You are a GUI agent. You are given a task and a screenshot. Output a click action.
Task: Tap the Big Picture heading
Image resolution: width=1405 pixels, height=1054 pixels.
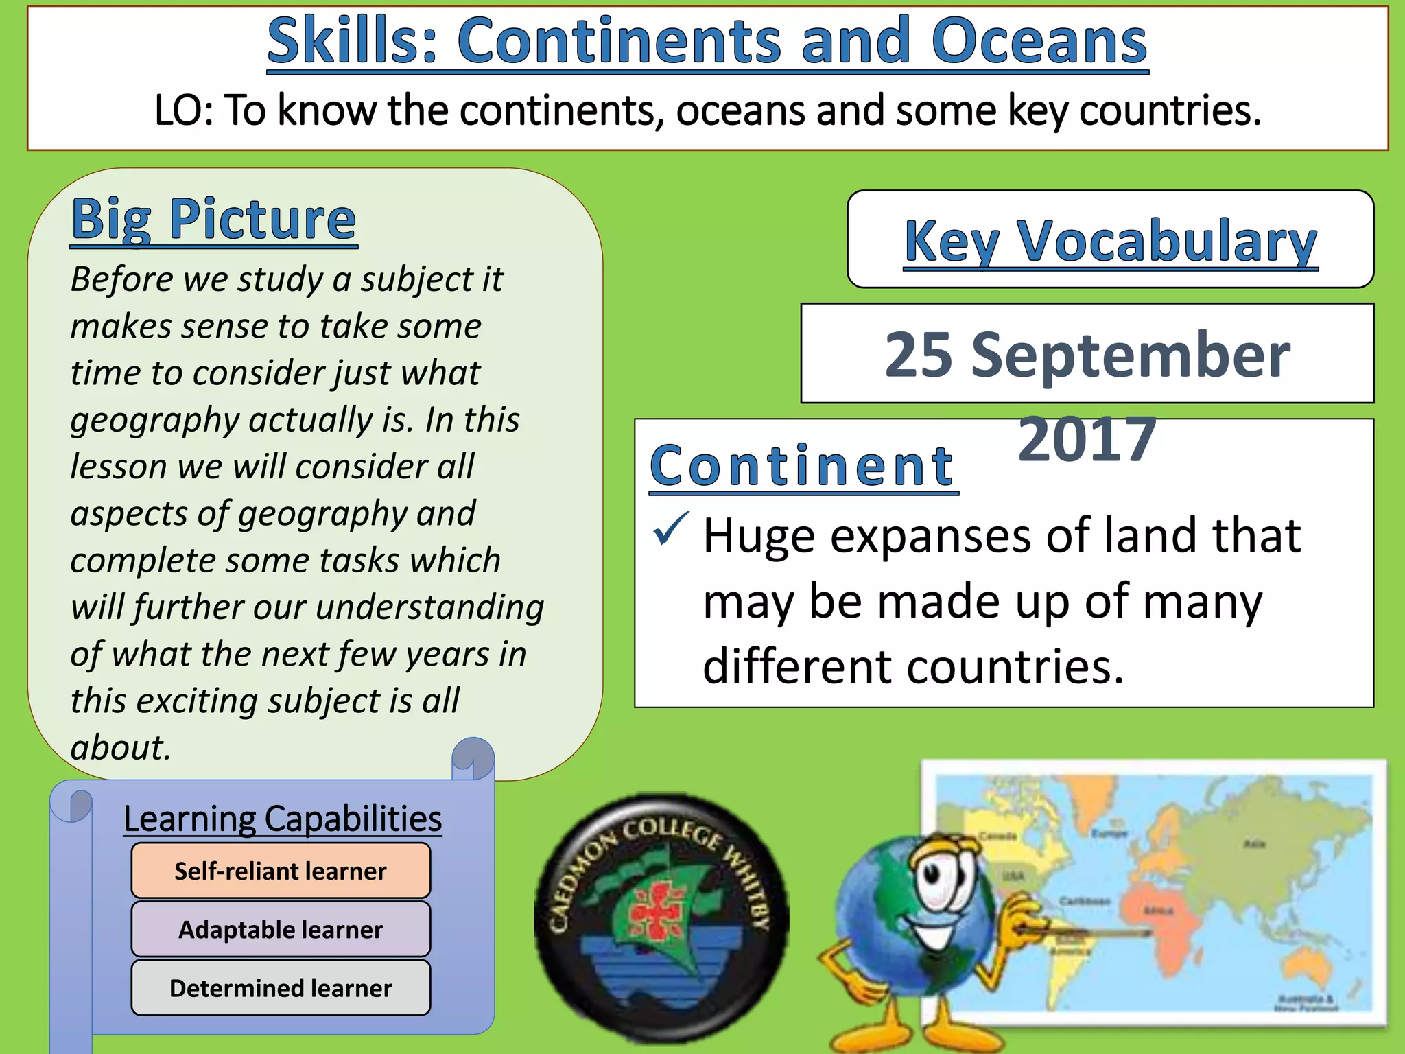click(213, 219)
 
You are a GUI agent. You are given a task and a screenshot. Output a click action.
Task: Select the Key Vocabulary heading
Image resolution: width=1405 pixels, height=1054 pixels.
click(1110, 241)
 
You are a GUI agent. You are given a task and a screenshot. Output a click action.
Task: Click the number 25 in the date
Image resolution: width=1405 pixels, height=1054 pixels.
click(918, 355)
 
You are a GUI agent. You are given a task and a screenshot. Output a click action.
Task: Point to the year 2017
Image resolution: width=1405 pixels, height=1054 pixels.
click(1087, 439)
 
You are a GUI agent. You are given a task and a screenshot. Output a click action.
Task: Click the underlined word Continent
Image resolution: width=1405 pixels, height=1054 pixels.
click(802, 466)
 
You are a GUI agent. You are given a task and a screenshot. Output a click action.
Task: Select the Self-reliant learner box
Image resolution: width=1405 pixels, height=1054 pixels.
click(281, 871)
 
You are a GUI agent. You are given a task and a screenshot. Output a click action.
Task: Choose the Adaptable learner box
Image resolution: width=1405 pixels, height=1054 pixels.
click(281, 929)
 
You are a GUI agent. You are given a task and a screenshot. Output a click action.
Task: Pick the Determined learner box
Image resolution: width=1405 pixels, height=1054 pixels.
click(281, 987)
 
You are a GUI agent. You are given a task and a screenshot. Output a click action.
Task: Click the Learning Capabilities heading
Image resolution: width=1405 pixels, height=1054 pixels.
click(282, 819)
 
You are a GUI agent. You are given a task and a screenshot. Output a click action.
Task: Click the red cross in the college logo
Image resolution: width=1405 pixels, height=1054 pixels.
click(657, 910)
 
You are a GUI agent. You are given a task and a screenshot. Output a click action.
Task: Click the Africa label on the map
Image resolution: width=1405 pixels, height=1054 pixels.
click(1159, 911)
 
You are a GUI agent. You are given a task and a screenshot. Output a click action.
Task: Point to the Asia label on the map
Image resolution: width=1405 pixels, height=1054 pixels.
click(1255, 844)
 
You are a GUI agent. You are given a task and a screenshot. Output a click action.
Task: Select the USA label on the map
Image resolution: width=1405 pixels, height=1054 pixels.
click(1014, 876)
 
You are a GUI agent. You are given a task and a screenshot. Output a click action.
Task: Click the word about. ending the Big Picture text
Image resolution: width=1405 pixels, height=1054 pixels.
click(121, 747)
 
